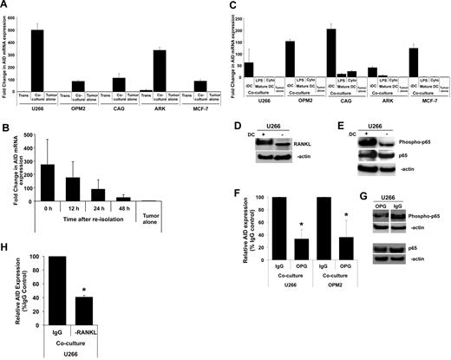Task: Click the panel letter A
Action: [x=5, y=5]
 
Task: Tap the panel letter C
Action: [x=232, y=5]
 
